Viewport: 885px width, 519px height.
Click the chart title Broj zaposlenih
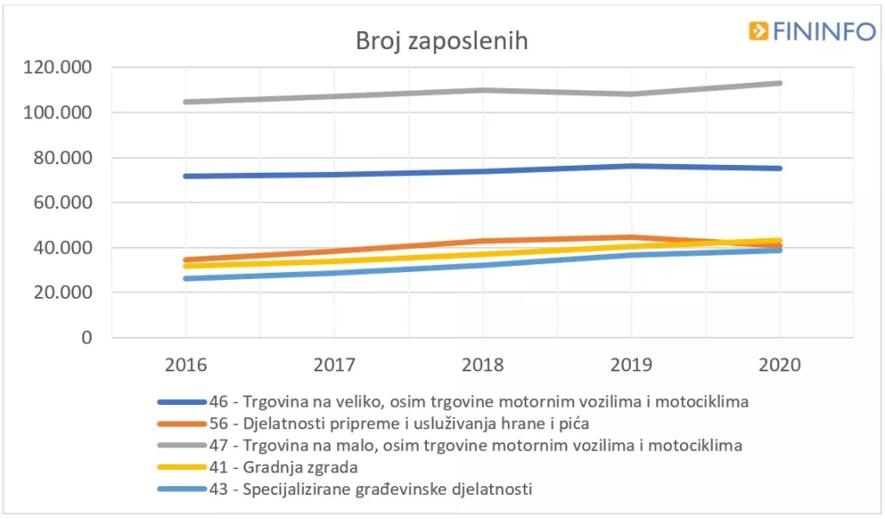(442, 41)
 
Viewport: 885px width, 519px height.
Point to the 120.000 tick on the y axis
(60, 68)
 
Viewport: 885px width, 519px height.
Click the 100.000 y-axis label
(60, 113)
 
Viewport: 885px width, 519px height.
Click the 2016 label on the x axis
(185, 364)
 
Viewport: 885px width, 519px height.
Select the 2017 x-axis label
(334, 364)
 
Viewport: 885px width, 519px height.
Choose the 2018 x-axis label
(482, 364)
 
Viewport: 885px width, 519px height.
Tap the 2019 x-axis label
(631, 364)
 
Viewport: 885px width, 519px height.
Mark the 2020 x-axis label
(780, 364)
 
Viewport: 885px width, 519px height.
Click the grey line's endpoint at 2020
(780, 83)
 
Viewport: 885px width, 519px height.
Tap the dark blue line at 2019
(631, 166)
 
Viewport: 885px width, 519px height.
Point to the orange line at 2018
(482, 241)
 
